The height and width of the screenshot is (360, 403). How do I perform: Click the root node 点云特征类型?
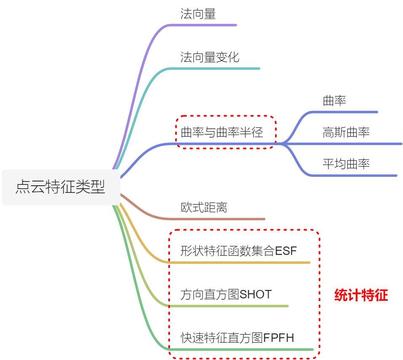pos(60,187)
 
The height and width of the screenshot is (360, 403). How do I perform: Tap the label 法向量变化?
pos(210,57)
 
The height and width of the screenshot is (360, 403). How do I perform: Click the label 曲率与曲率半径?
pos(222,133)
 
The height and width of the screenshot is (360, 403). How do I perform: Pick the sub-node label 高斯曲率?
pos(346,133)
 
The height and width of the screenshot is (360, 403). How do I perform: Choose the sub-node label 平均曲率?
pos(346,164)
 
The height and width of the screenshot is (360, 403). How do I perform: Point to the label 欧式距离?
pos(204,208)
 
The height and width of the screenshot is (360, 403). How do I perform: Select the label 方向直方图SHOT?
pos(226,295)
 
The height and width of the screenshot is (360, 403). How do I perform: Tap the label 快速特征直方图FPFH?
pos(237,338)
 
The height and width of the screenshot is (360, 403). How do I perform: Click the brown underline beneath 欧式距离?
pos(219,219)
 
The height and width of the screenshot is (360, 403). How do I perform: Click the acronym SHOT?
pos(255,295)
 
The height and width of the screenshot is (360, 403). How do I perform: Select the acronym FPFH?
pos(279,338)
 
